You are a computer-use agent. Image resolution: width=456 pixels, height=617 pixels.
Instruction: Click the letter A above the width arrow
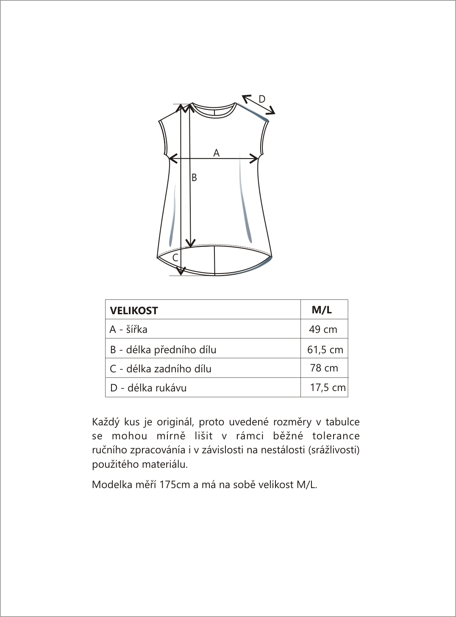pos(216,153)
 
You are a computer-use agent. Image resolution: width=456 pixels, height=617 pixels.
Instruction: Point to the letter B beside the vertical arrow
pos(194,178)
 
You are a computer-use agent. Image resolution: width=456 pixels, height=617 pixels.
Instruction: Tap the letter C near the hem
pos(175,257)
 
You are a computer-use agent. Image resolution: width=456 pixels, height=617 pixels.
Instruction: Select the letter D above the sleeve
pos(262,99)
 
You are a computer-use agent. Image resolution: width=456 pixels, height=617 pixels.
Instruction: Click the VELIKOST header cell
pos(134,310)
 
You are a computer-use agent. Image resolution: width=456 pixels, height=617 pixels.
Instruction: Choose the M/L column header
pos(322,310)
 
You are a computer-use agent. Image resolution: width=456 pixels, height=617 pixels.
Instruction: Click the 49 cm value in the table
pos(323,329)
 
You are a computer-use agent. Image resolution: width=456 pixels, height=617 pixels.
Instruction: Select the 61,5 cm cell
pos(325,350)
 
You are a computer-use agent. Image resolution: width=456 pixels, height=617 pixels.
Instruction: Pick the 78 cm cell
pos(324,368)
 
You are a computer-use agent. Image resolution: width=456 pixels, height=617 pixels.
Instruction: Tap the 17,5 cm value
pos(328,388)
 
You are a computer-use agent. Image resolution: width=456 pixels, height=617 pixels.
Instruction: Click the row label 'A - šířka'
pos(128,329)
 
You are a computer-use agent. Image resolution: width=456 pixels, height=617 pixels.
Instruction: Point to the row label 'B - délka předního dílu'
pos(163,350)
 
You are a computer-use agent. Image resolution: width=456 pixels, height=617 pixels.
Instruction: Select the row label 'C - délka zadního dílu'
pos(161,369)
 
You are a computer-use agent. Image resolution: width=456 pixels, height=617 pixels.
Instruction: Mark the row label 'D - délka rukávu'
pos(148,388)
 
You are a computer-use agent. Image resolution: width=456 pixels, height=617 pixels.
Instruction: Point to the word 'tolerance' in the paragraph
pos(336,436)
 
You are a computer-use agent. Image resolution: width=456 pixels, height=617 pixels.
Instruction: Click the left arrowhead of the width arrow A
pos(171,159)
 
